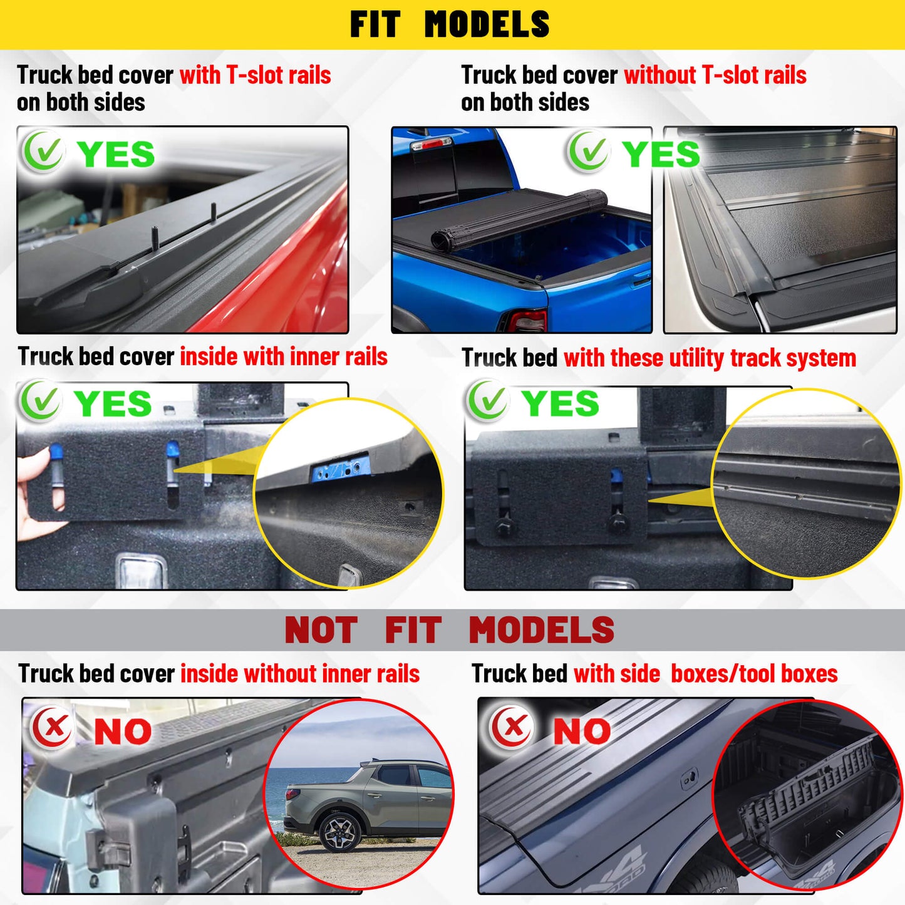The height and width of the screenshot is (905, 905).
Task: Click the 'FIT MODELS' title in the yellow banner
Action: [x=449, y=24]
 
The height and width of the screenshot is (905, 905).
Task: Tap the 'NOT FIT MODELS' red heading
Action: [x=449, y=630]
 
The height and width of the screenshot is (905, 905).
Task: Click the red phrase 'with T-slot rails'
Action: [x=255, y=75]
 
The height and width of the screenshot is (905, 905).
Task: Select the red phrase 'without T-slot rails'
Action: [x=715, y=75]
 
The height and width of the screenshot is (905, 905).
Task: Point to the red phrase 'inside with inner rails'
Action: [x=284, y=356]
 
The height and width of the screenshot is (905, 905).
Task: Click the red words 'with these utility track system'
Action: [x=710, y=358]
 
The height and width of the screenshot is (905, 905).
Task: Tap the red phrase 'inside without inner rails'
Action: [x=300, y=673]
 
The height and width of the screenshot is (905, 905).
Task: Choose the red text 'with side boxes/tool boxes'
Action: [x=705, y=673]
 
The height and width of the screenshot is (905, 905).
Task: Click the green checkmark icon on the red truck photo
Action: [x=43, y=152]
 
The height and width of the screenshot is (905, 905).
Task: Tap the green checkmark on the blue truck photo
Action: [x=587, y=152]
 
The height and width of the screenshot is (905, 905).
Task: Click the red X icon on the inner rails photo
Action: [x=53, y=727]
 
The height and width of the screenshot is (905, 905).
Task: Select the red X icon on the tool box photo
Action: [x=511, y=727]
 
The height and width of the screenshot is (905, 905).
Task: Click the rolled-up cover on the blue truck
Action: [x=520, y=219]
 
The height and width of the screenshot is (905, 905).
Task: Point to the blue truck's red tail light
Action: [x=527, y=320]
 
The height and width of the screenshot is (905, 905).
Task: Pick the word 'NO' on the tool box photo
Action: [x=581, y=731]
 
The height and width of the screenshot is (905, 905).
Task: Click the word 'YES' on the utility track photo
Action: [x=559, y=403]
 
